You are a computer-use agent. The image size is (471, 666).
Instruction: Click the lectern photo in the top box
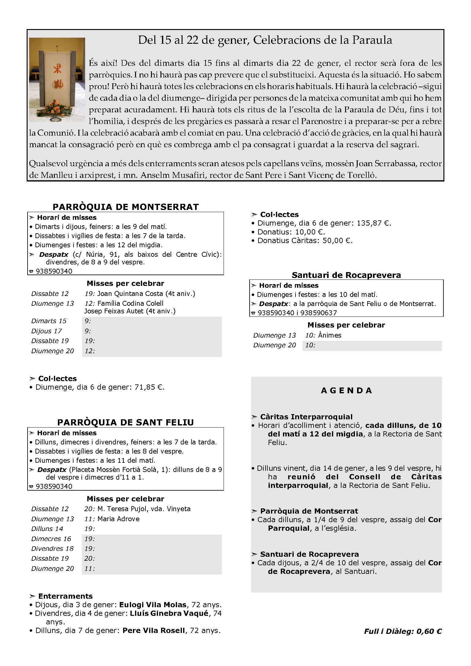pyautogui.click(x=57, y=80)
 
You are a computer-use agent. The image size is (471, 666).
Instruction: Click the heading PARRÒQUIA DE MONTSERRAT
pyautogui.click(x=126, y=207)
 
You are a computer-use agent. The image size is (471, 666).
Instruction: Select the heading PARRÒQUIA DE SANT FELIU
pyautogui.click(x=126, y=422)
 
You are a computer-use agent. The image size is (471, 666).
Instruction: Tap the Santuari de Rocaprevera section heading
pyautogui.click(x=346, y=275)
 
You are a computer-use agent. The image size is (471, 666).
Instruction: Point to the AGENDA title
pyautogui.click(x=346, y=391)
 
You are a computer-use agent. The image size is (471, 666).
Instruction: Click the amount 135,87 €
pyautogui.click(x=374, y=223)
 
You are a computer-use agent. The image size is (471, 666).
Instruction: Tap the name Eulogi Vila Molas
pyautogui.click(x=153, y=605)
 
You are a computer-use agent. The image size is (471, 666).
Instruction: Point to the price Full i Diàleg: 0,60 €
pyautogui.click(x=403, y=631)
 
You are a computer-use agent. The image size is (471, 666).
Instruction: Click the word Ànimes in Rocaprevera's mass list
pyautogui.click(x=330, y=335)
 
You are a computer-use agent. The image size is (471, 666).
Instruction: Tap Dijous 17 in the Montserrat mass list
pyautogui.click(x=47, y=331)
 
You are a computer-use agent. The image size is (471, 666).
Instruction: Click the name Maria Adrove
pyautogui.click(x=118, y=519)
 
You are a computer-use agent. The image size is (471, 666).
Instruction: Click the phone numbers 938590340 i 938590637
pyautogui.click(x=297, y=313)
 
